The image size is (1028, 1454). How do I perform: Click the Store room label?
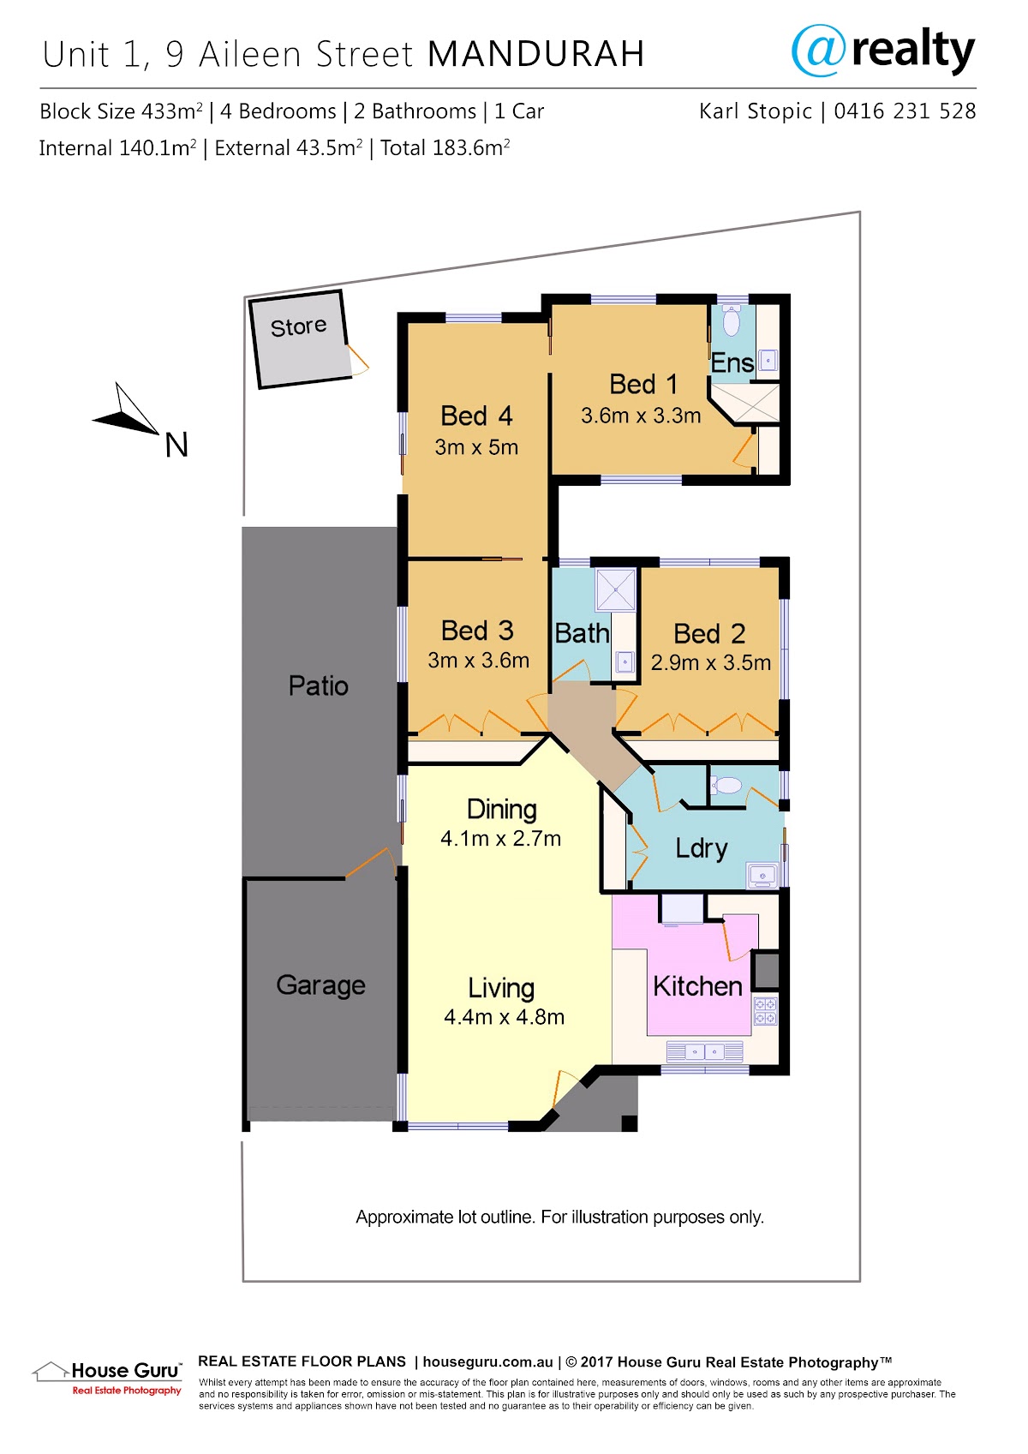point(298,326)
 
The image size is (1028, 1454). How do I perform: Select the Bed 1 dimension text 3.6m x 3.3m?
point(641,416)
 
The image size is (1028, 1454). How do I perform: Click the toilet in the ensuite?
point(732,320)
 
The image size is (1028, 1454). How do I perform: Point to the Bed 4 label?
point(476,416)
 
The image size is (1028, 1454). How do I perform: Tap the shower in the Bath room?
point(615,590)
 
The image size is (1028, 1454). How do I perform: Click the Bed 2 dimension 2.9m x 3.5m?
point(711,662)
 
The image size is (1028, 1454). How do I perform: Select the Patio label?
point(318,685)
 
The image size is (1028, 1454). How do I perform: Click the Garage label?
point(320,985)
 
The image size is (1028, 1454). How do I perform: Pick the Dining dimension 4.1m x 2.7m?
point(500,839)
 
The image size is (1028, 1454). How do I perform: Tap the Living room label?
point(501,988)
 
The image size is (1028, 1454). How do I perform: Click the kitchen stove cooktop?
point(765,1011)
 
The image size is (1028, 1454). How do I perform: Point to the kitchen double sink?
point(705,1051)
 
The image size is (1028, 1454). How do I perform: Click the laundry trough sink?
point(762,875)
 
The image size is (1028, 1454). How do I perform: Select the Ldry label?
point(701,848)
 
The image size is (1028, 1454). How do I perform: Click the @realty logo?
point(883,50)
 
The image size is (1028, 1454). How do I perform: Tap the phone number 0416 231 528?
point(905,111)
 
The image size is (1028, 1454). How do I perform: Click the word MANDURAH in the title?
point(536,54)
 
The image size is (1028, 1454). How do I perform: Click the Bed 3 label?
point(477,631)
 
